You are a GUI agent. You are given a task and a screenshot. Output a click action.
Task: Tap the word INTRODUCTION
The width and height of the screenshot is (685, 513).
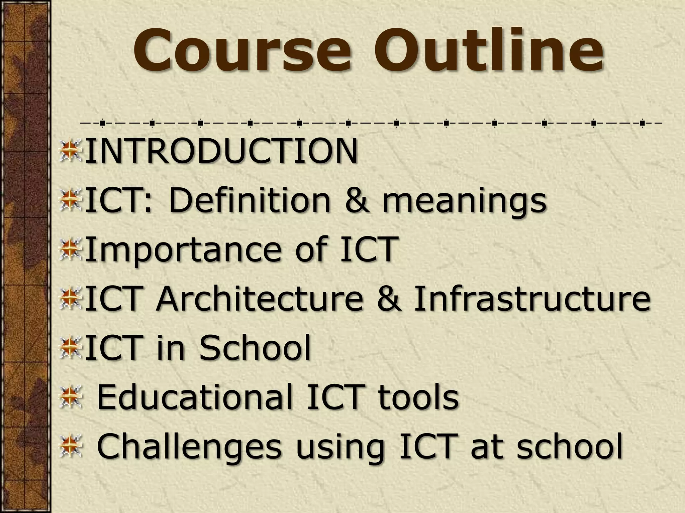221,152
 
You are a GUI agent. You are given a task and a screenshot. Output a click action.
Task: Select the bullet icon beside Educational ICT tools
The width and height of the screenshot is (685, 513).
71,397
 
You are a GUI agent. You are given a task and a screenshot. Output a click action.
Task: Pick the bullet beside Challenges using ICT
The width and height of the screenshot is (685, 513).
71,446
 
